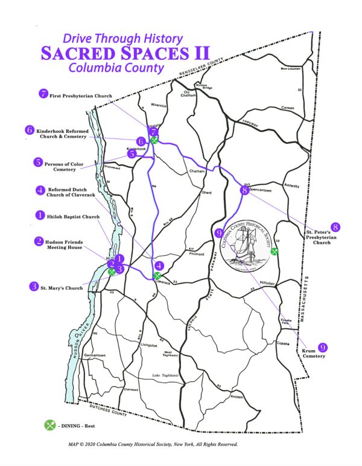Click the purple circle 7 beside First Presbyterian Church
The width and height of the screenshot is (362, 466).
(x=43, y=94)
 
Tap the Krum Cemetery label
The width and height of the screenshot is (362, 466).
(x=314, y=352)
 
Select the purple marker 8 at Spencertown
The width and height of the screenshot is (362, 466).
(x=244, y=190)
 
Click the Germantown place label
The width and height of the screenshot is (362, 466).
(x=95, y=355)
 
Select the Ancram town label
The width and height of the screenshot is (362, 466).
(x=237, y=396)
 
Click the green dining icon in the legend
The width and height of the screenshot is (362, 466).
(x=50, y=425)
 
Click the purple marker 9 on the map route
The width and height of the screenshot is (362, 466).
(x=219, y=231)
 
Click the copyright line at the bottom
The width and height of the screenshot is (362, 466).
(x=153, y=444)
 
